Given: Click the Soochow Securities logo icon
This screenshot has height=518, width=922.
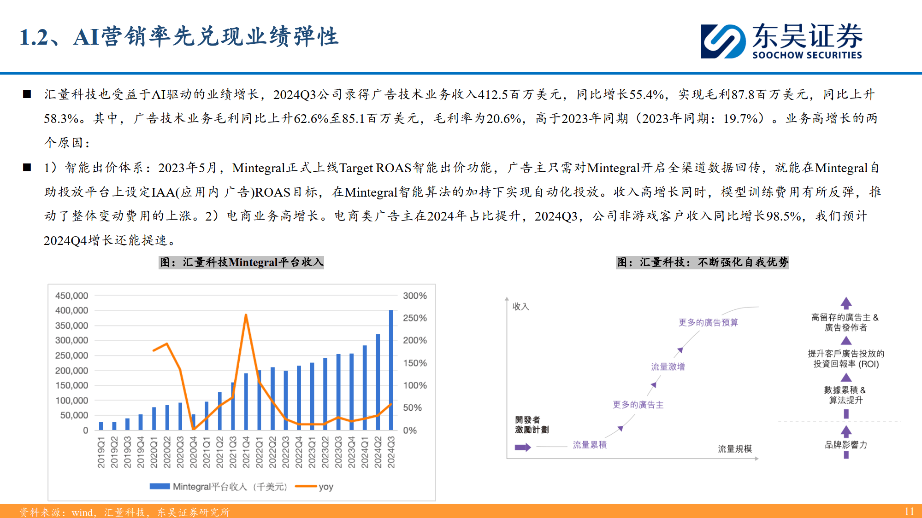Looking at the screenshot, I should [x=723, y=41].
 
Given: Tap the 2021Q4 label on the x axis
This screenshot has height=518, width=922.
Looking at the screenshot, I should [x=246, y=452].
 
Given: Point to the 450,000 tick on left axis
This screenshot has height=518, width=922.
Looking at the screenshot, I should [x=71, y=296].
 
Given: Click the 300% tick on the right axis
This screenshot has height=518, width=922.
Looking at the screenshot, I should [x=414, y=296].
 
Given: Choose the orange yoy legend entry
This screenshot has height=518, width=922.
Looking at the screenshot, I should [x=314, y=487].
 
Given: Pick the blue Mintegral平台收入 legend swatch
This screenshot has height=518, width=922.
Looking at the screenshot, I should [x=160, y=487].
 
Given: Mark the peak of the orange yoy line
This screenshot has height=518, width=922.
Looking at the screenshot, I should [x=246, y=315].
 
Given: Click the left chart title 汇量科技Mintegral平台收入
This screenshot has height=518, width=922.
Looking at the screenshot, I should [x=241, y=262].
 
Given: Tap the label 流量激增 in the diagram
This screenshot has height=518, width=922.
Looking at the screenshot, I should [x=668, y=367].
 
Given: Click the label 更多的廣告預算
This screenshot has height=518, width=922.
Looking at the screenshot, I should [x=708, y=322].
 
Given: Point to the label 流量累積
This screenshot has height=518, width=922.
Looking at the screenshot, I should [x=589, y=445].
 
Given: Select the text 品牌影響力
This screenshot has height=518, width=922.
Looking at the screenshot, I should [x=846, y=445].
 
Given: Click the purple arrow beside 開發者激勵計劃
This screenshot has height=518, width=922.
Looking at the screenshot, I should [x=523, y=447].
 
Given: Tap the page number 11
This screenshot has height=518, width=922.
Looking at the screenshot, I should [x=909, y=512].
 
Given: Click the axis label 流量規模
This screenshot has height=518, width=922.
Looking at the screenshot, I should [x=734, y=448].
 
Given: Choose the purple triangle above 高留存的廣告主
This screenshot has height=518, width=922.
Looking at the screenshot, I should [x=846, y=303].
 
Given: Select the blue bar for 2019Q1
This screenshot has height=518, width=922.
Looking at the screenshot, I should [x=101, y=426].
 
